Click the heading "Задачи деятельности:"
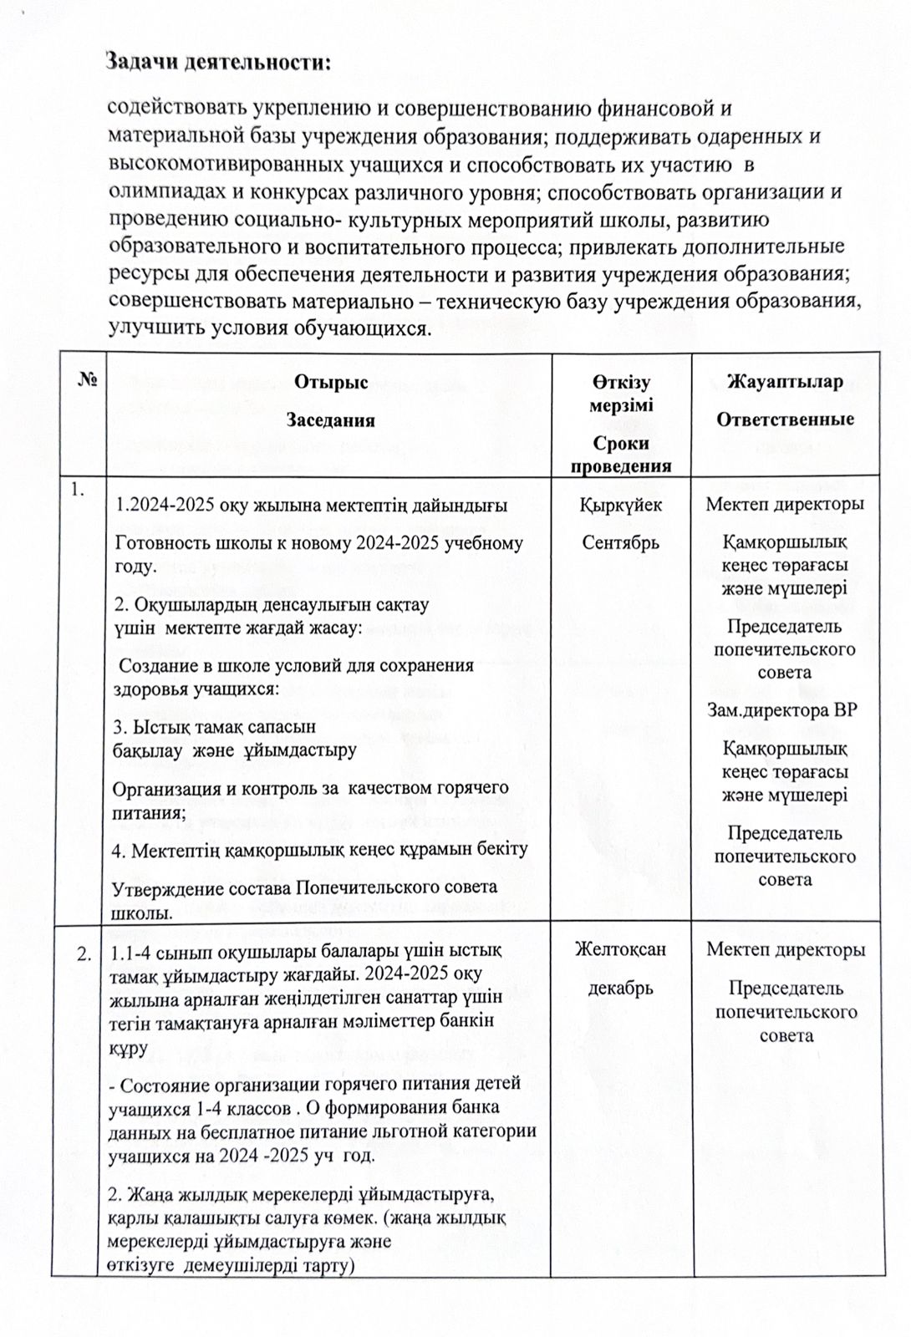tap(219, 62)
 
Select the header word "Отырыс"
tap(330, 382)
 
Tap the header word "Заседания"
tap(330, 420)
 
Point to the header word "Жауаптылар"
tap(785, 382)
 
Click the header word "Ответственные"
tap(785, 419)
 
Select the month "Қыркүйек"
tap(620, 505)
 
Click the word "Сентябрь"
tap(620, 542)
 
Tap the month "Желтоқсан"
tap(620, 949)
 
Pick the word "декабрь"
tap(620, 989)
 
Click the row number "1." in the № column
tap(78, 491)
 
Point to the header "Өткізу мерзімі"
tap(620, 394)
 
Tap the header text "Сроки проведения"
tap(620, 454)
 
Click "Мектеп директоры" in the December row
tap(785, 949)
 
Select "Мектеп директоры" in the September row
tap(785, 504)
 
